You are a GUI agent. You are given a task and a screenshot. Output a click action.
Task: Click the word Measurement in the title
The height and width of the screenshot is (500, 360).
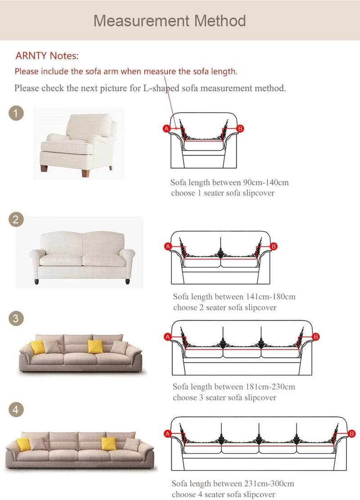point(141,21)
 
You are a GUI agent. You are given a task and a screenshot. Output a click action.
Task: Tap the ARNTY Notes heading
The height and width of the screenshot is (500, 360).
point(47,56)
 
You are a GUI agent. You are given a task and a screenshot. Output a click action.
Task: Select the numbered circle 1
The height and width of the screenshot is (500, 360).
point(16,113)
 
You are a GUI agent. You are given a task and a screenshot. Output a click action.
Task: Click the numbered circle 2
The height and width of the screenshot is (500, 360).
point(16,219)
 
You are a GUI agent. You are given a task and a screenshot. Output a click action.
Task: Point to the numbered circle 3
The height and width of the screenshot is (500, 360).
point(16,318)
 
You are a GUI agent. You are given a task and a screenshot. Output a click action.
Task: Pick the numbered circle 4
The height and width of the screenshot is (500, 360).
point(16,409)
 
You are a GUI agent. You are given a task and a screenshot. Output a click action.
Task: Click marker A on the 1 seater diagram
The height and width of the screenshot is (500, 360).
point(166,128)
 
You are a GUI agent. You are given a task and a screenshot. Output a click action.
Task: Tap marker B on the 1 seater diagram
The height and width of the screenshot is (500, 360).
point(240,128)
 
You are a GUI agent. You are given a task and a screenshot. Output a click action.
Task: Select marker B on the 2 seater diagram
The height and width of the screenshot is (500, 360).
point(273,246)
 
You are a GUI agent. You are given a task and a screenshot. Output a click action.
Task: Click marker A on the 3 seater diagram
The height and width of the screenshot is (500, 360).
point(167,337)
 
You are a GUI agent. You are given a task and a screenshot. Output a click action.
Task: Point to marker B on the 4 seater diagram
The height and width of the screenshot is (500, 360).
point(352,434)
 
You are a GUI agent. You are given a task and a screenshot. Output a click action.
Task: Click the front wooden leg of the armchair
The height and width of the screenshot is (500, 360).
point(85,173)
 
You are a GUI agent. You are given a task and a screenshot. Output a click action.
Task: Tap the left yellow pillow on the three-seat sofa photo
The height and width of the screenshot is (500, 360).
point(38,347)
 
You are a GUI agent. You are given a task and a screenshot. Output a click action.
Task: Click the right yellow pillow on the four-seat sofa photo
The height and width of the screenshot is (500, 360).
point(108,444)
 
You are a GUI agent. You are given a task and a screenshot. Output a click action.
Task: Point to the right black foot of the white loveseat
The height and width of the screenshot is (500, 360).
point(128,282)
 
